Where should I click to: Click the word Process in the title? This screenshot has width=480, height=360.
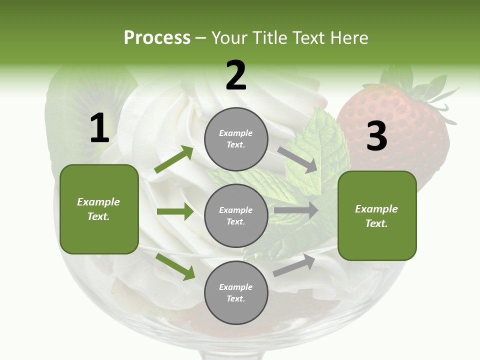[x=157, y=38]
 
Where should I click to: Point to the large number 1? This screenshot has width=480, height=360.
[x=99, y=128]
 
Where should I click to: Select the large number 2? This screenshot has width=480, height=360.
[x=236, y=75]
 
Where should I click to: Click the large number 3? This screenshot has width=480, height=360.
[x=376, y=136]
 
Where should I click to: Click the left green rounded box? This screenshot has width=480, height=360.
[x=99, y=209]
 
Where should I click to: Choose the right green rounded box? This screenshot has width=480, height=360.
[x=377, y=215]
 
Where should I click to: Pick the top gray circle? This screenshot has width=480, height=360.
[x=236, y=139]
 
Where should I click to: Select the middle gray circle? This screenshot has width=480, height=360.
[x=236, y=215]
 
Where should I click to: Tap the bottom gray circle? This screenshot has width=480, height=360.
[x=236, y=292]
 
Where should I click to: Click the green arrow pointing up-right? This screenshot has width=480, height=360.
[x=174, y=159]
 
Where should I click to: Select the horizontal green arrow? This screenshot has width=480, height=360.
[x=175, y=211]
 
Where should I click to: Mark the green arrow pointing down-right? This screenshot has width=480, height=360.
[x=175, y=266]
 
